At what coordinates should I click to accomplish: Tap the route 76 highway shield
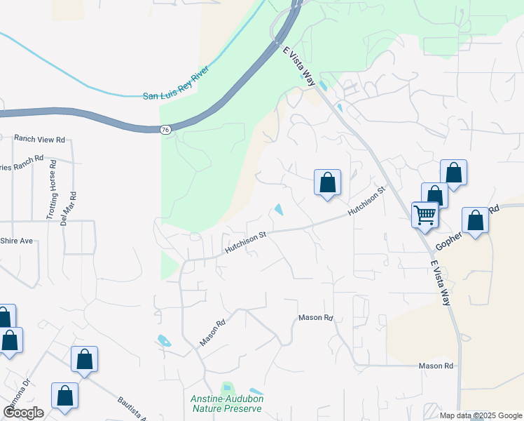click(x=165, y=130)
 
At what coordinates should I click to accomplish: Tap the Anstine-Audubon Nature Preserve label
click(x=226, y=403)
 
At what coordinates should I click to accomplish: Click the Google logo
click(x=23, y=413)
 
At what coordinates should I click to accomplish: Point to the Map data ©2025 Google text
click(x=481, y=415)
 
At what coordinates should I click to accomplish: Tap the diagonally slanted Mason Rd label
click(x=212, y=333)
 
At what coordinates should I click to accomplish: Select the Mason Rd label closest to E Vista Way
click(x=436, y=366)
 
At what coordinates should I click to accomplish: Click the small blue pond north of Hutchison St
click(x=280, y=209)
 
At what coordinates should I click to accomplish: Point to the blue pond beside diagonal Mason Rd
click(x=164, y=341)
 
